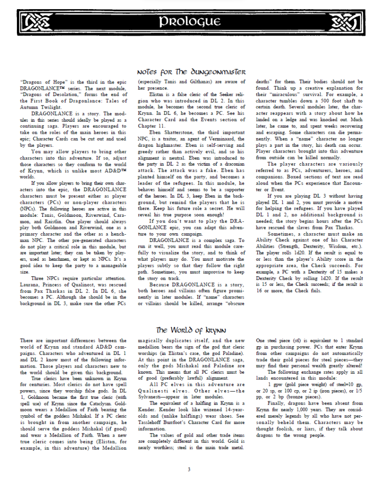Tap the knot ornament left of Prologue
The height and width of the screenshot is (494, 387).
[37, 22]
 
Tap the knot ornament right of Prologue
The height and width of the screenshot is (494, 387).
[348, 22]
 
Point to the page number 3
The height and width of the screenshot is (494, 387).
[189, 469]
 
